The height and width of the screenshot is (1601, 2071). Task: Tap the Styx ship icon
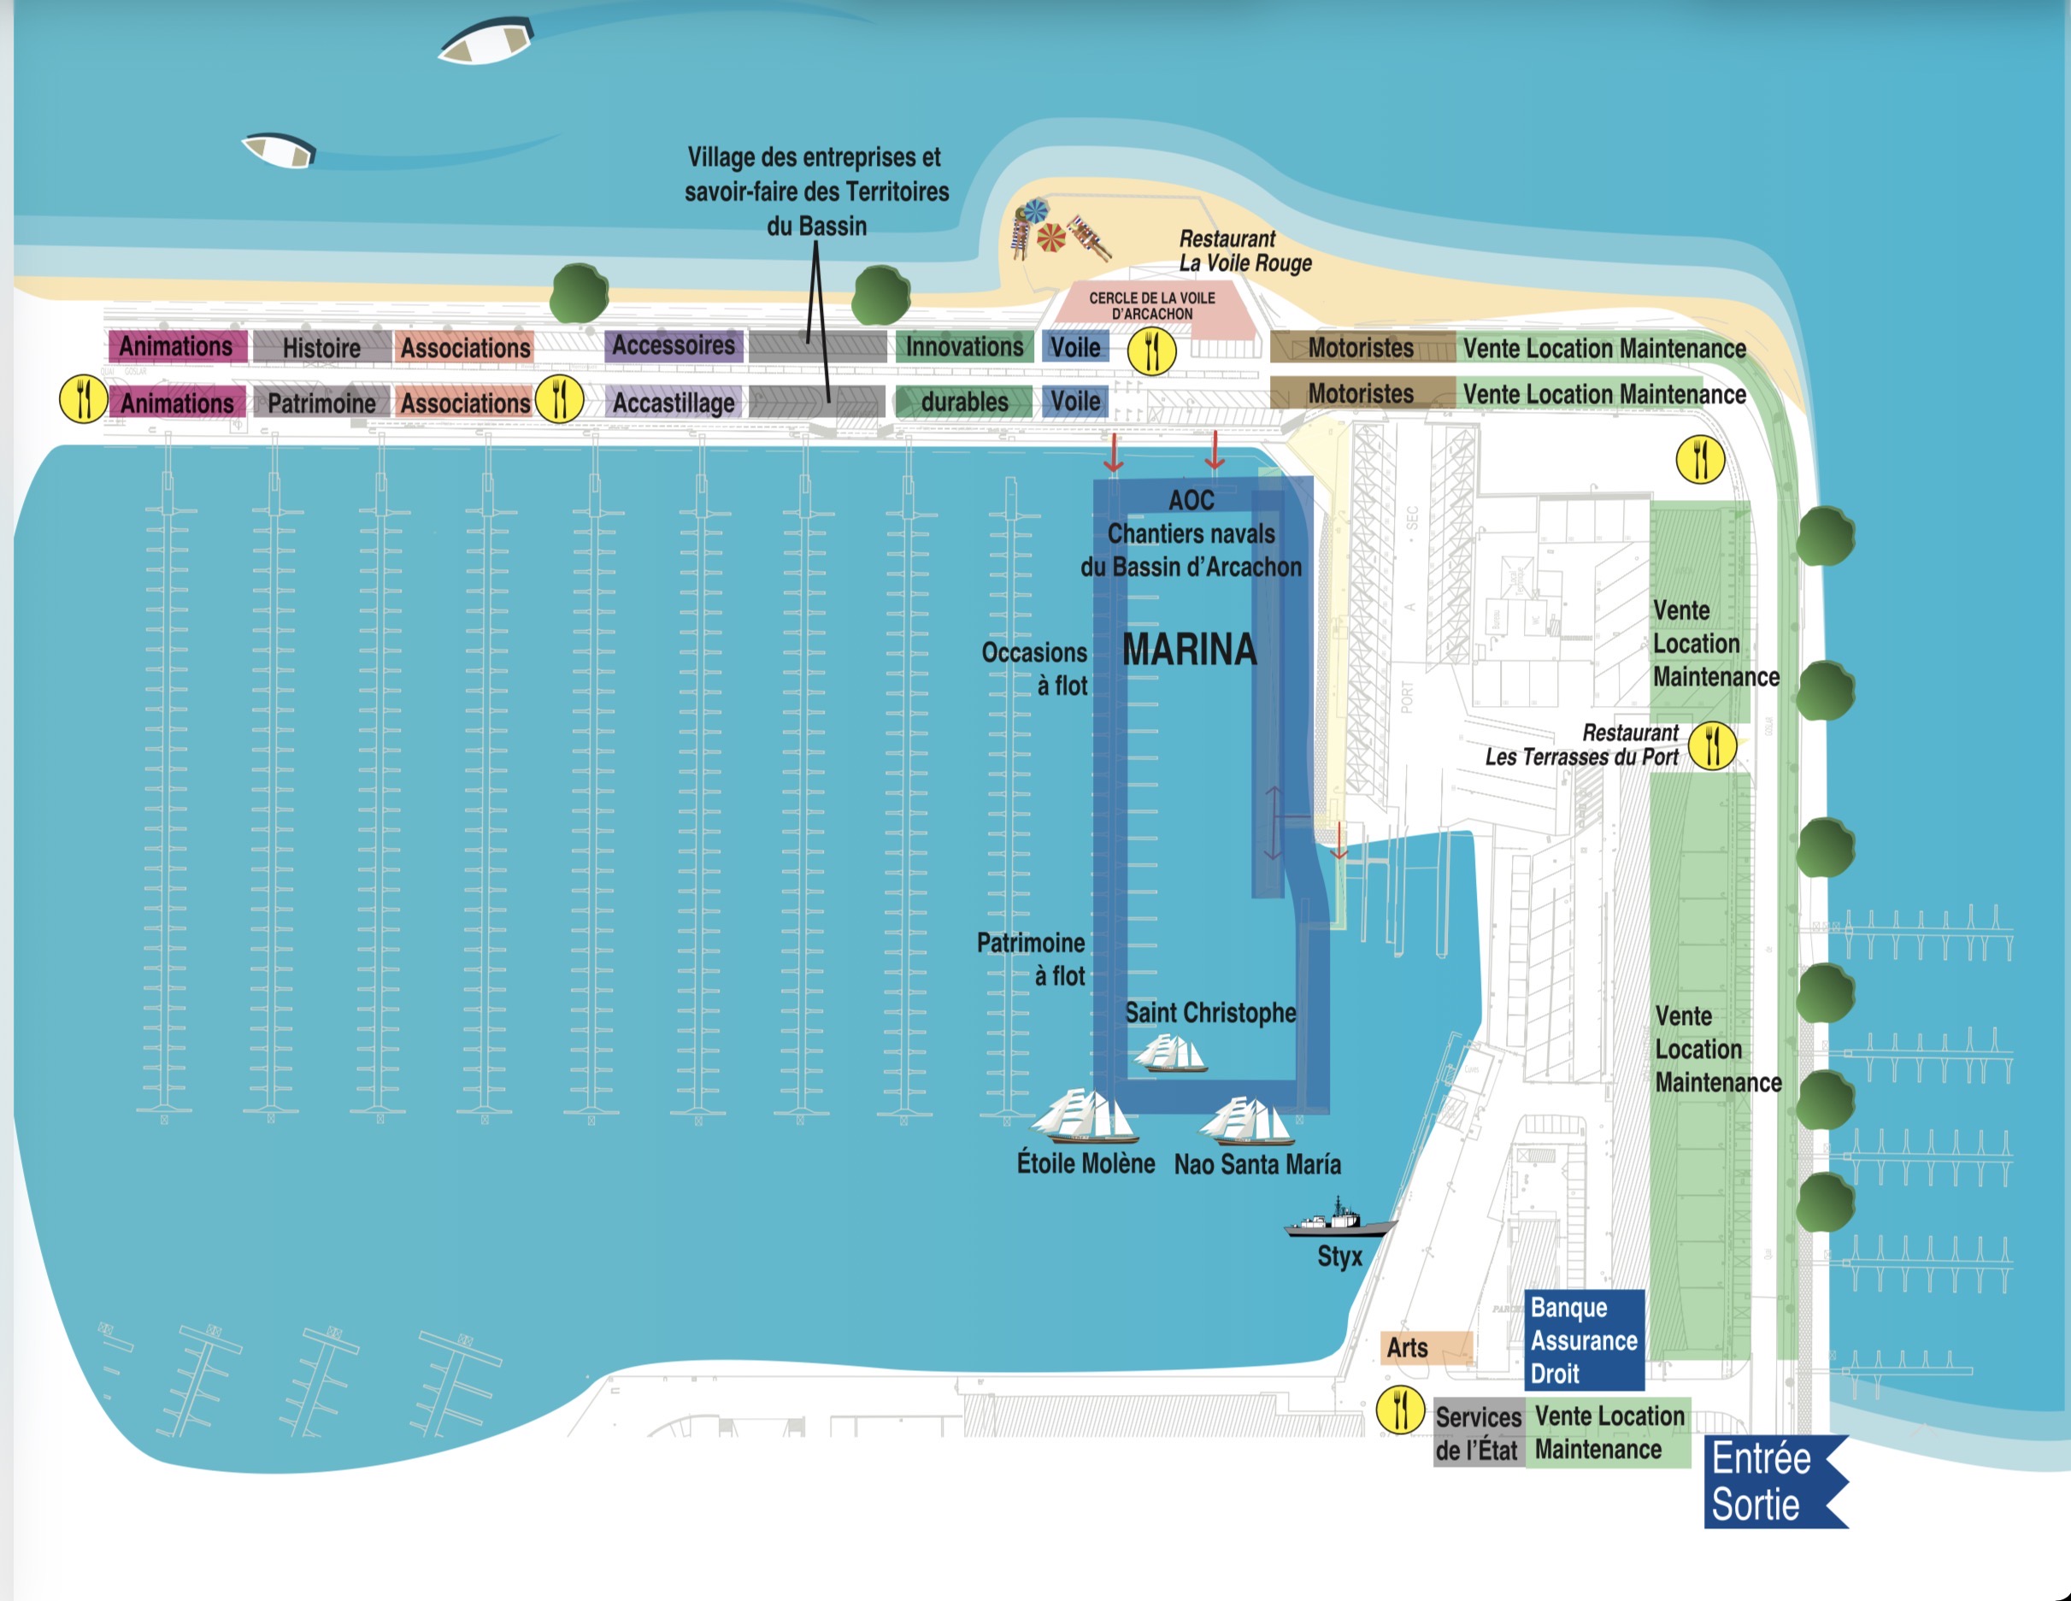point(1337,1221)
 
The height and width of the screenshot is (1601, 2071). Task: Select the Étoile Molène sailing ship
point(1084,1117)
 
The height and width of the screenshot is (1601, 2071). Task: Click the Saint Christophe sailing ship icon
point(1169,1054)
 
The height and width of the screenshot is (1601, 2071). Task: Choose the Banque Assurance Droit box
point(1584,1340)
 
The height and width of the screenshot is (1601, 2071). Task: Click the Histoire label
point(321,348)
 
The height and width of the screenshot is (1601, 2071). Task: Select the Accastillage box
point(674,402)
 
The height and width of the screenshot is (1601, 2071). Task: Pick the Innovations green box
point(963,347)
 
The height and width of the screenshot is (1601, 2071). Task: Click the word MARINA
point(1189,650)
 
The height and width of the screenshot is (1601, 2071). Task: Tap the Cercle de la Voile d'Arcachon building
point(1152,306)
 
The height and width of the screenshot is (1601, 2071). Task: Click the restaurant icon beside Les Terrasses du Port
point(1713,745)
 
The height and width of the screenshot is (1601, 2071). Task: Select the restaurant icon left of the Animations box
point(84,399)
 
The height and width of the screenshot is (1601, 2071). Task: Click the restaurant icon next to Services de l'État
point(1400,1409)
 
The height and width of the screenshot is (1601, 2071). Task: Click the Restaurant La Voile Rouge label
point(1244,251)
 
